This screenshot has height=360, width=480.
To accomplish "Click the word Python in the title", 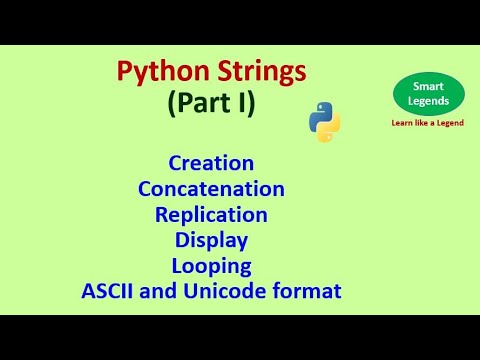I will [x=156, y=72].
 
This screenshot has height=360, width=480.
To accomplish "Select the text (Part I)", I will [x=211, y=102].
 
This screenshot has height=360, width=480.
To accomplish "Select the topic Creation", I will [x=211, y=162].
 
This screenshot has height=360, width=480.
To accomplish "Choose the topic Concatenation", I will [x=211, y=188].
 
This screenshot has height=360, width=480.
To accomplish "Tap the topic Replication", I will [x=211, y=214].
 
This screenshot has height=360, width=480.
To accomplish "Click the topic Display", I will [x=211, y=240].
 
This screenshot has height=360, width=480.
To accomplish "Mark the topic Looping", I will [x=211, y=266].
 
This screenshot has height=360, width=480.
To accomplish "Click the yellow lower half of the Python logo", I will [x=330, y=131].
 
